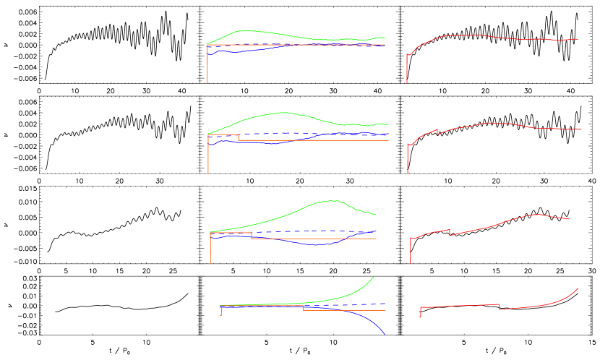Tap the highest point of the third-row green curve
point(333,200)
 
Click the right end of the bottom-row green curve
point(374,277)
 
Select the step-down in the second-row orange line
point(239,137)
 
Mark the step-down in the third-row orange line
point(252,236)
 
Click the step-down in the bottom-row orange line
point(303,308)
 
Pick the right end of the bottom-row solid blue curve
point(385,334)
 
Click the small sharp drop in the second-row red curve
point(437,132)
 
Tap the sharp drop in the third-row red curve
point(450,233)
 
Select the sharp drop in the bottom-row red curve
point(500,307)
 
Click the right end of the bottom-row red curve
point(578,288)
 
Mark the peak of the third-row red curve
point(536,214)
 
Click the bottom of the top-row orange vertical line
point(207,82)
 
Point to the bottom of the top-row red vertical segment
point(406,82)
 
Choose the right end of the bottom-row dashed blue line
point(385,304)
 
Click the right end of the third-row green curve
point(376,215)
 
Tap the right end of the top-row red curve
point(578,39)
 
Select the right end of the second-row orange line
point(388,140)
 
